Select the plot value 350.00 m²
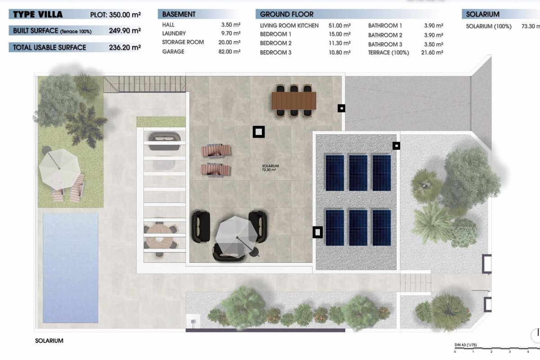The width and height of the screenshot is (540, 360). (x=125, y=14)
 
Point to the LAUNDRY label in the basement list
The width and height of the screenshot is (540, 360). (x=174, y=33)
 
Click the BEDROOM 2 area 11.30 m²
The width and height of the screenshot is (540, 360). (x=340, y=43)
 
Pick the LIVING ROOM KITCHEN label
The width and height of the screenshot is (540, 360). (x=289, y=26)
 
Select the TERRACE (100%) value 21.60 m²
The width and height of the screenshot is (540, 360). (x=432, y=53)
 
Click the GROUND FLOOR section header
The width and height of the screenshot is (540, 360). (x=287, y=14)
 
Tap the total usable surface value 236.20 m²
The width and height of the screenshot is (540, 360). (x=125, y=47)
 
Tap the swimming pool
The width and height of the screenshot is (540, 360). (x=70, y=267)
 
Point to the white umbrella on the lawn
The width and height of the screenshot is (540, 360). (x=59, y=166)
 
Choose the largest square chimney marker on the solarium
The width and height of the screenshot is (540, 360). (x=258, y=132)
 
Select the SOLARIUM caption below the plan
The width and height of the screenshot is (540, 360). (x=49, y=341)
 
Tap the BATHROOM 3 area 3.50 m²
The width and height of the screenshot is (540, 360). (x=433, y=44)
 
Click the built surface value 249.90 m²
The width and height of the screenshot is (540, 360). (x=125, y=31)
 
